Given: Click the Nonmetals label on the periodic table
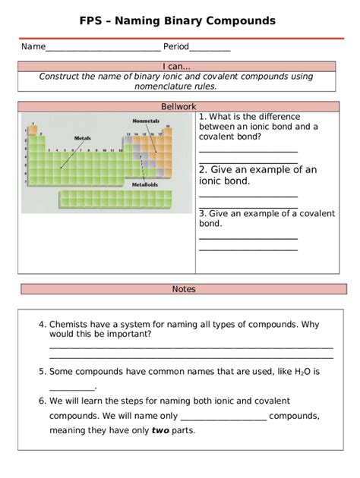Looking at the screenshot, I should coord(147,120).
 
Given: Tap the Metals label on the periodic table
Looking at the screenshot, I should coord(82,138).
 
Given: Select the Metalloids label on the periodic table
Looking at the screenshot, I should coord(145,184).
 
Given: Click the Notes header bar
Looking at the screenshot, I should coord(184,289).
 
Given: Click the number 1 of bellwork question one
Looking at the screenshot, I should coord(202,118).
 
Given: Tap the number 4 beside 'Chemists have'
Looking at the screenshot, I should coord(42,325).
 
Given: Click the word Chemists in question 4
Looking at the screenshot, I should coord(70,325).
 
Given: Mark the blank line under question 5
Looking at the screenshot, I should coord(71,388).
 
